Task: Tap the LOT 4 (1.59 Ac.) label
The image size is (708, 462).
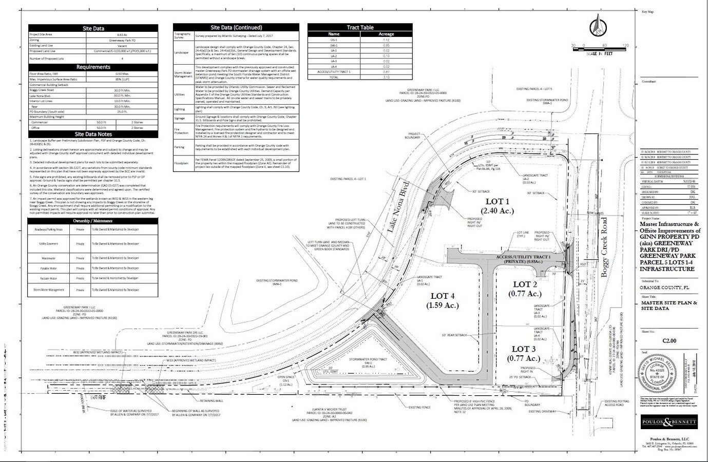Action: (442, 300)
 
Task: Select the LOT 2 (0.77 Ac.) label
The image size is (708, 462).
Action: (525, 288)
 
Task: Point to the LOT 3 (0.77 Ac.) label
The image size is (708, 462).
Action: (525, 353)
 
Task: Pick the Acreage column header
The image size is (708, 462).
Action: (386, 34)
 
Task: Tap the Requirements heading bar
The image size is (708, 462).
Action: (93, 67)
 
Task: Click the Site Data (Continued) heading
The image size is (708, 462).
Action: (236, 27)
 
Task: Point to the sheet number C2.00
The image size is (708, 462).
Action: (669, 340)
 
